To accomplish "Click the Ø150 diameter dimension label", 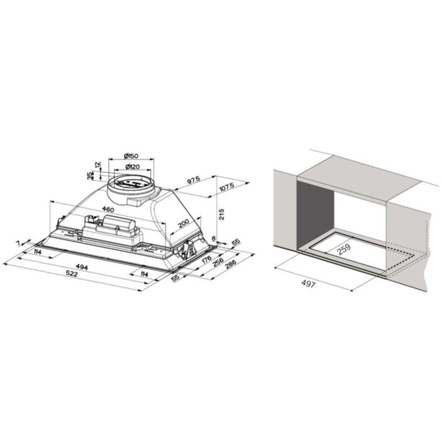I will [x=131, y=156].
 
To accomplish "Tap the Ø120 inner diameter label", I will [x=131, y=167].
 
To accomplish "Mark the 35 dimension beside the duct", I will [x=88, y=176].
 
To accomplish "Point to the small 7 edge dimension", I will [x=20, y=243].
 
